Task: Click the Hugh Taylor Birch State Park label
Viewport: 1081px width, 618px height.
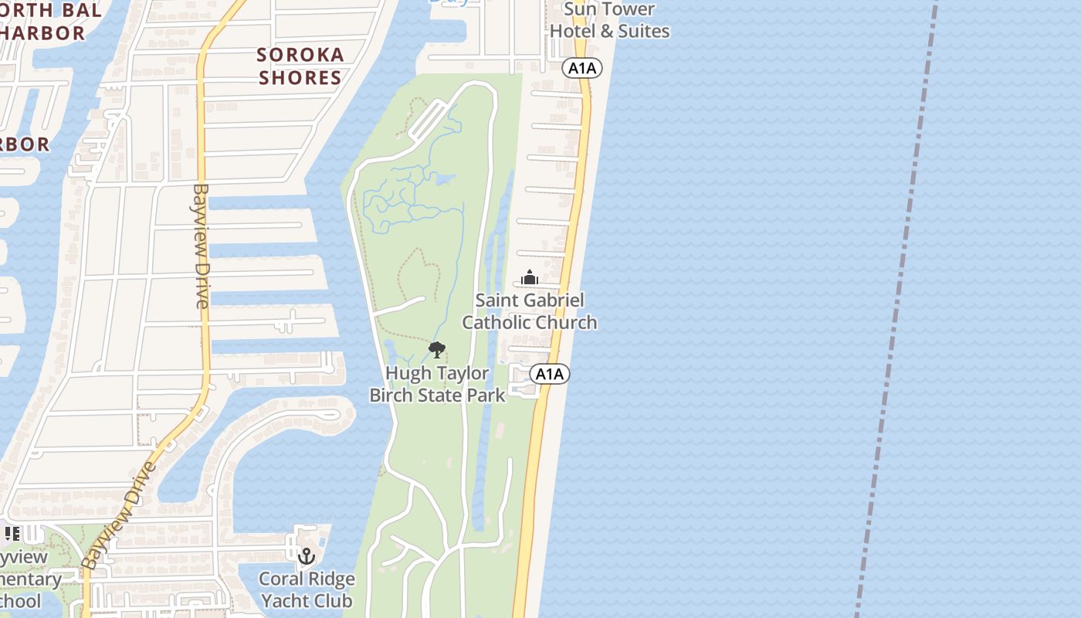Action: tap(437, 384)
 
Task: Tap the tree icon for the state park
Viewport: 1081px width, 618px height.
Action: tap(437, 350)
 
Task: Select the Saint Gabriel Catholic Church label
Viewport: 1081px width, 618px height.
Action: tap(530, 311)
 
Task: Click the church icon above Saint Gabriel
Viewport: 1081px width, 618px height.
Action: tap(530, 277)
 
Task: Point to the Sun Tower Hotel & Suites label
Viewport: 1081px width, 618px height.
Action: tap(609, 20)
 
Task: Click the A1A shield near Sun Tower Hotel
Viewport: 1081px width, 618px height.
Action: tap(582, 68)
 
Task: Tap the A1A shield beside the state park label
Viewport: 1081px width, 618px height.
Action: tap(550, 375)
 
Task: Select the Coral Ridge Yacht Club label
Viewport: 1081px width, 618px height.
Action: tap(307, 589)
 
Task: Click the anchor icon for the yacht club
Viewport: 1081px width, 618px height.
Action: tap(307, 555)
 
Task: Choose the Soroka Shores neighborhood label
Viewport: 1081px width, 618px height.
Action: tap(300, 66)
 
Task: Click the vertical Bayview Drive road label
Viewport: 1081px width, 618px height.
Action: tap(202, 246)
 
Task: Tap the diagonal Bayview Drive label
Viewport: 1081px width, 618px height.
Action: tap(117, 515)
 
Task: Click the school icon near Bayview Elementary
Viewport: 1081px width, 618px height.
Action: tap(12, 534)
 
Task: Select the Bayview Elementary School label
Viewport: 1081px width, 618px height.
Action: tap(27, 579)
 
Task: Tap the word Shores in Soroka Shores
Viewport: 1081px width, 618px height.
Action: tap(300, 77)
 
